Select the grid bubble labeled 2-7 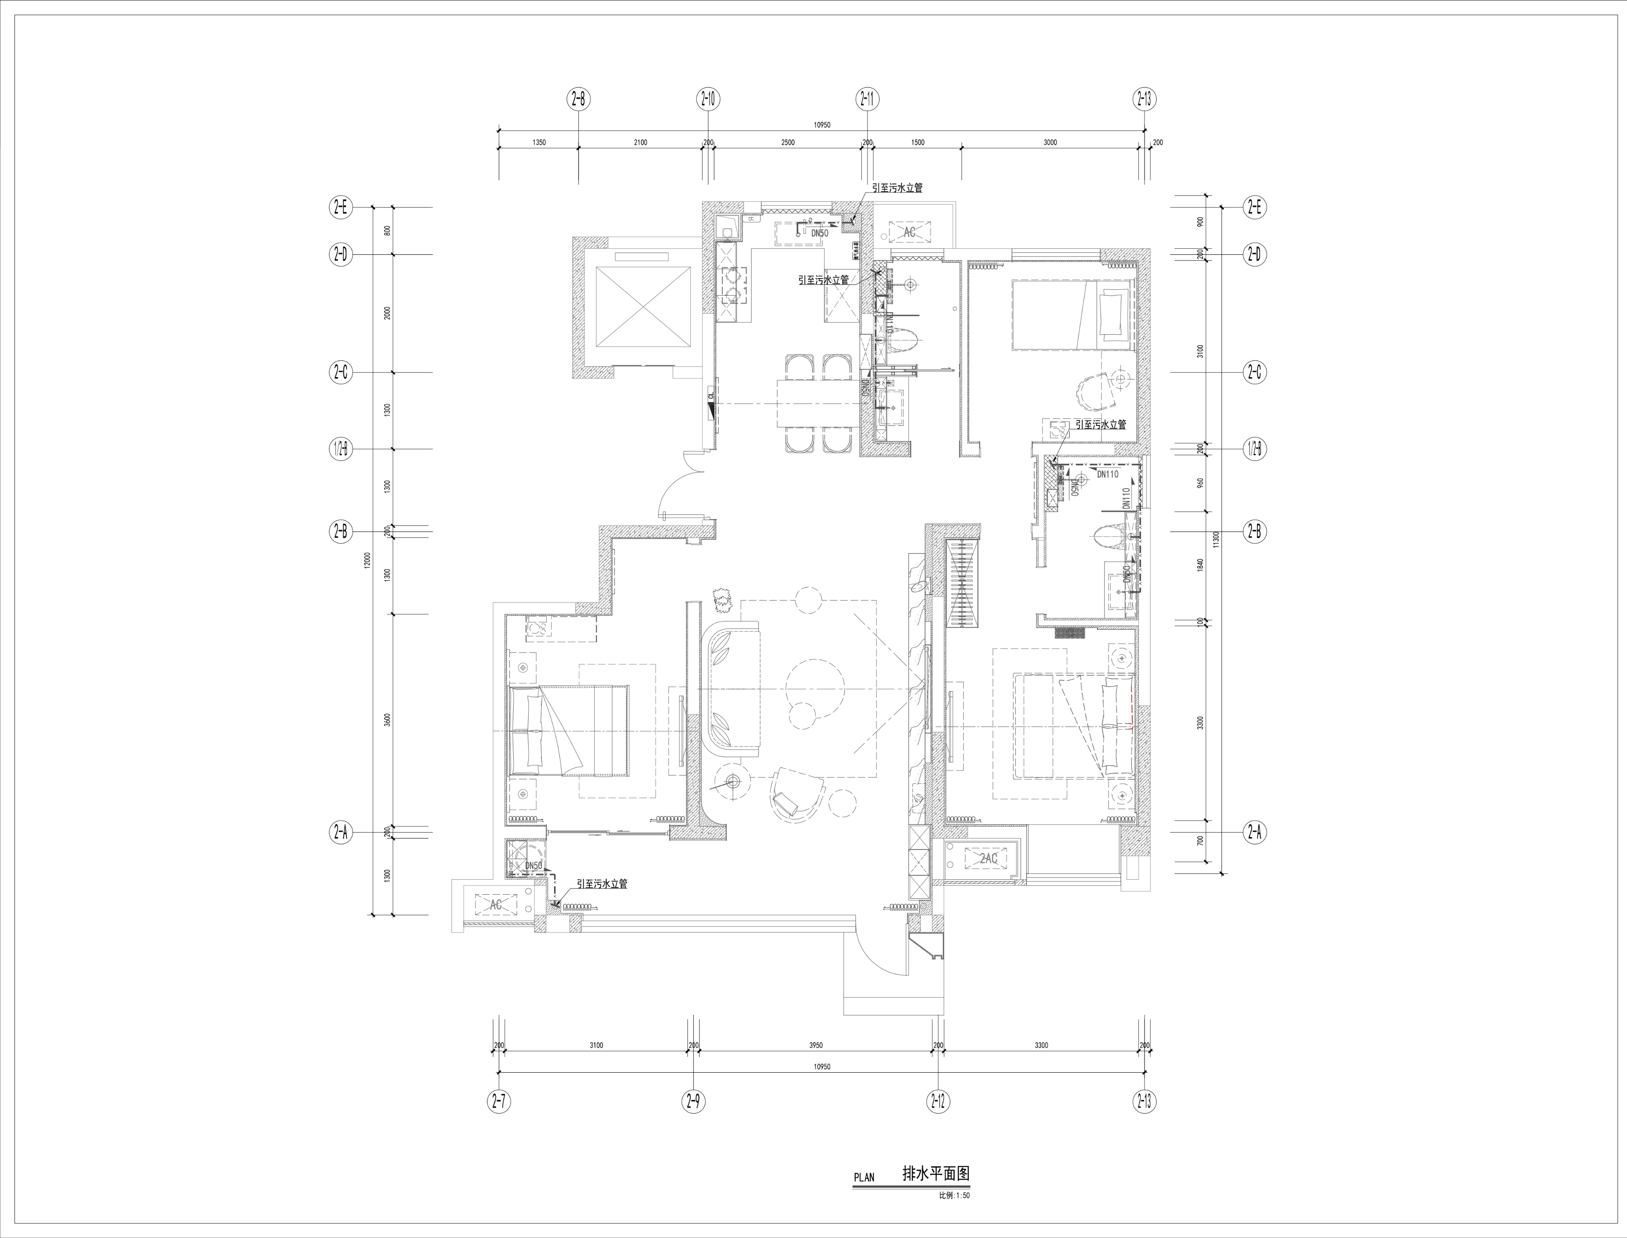point(499,1102)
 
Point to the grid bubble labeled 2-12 point(937,1102)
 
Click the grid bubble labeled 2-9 point(693,1102)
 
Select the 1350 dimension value point(538,142)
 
